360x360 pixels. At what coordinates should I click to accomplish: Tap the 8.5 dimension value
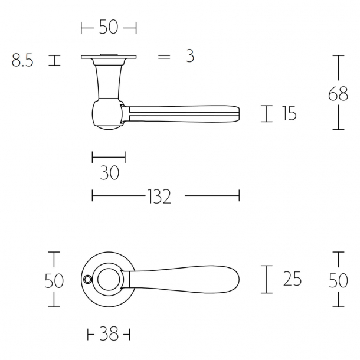(22, 60)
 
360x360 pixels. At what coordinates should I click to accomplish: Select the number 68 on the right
(339, 93)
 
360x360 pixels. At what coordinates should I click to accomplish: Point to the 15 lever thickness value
(289, 113)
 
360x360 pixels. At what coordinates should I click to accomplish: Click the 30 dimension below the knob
(109, 172)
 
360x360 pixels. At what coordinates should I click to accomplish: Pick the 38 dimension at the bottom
(109, 334)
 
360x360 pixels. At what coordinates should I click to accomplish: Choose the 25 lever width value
(292, 279)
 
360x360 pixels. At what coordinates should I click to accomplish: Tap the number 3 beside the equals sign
(189, 57)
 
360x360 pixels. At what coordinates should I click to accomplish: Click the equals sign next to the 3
(164, 57)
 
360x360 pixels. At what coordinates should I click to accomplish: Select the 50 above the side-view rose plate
(108, 27)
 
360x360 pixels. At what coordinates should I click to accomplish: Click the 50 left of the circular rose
(54, 280)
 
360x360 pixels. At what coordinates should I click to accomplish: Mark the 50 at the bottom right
(338, 280)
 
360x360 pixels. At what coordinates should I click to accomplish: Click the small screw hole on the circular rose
(87, 279)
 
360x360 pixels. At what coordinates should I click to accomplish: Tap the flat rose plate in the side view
(109, 57)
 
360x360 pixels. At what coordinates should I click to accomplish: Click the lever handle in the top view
(183, 280)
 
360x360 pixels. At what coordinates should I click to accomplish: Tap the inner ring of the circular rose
(109, 280)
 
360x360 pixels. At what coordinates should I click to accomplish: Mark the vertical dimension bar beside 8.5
(54, 60)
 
